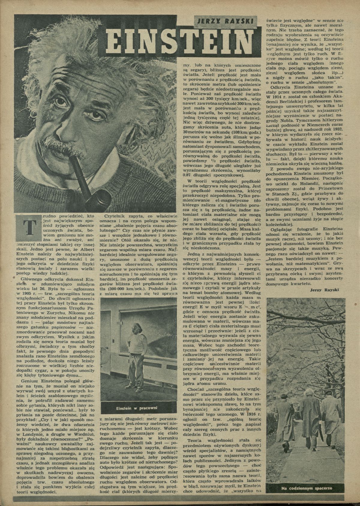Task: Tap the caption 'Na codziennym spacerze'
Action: click(x=302, y=488)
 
